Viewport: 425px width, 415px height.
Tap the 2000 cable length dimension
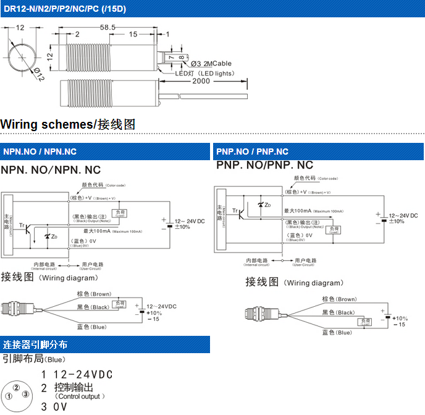tap(201, 81)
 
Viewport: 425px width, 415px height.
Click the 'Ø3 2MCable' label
tap(211, 64)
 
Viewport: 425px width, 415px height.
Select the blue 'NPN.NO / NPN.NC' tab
tap(40, 152)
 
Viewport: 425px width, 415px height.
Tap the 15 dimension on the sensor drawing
tap(133, 35)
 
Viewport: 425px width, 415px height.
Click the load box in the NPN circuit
tap(120, 213)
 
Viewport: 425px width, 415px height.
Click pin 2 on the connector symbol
tap(17, 387)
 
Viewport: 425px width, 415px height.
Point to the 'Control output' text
tap(80, 396)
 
